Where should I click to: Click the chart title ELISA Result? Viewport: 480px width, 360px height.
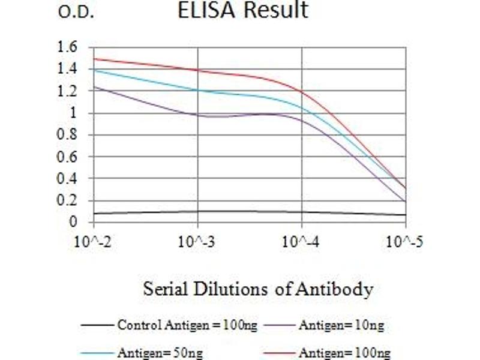[x=243, y=10]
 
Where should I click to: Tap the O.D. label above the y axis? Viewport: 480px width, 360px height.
[x=76, y=13]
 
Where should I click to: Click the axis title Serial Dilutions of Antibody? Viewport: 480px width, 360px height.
[x=258, y=289]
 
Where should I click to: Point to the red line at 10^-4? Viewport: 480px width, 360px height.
[x=301, y=91]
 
